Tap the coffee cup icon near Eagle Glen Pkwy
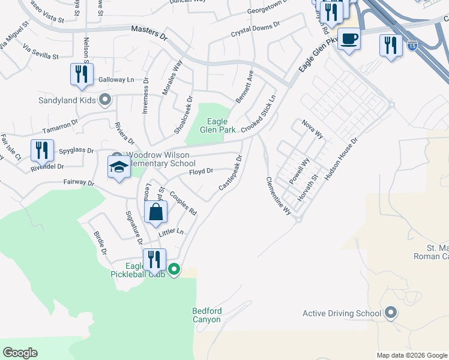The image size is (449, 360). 349,40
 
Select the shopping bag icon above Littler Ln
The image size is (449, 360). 156,212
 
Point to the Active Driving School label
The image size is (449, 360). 342,313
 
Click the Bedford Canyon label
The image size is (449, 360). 207,315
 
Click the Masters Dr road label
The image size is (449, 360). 149,32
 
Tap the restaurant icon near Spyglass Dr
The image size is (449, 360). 42,150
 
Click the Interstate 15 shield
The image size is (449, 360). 412,45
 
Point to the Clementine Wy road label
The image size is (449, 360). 279,196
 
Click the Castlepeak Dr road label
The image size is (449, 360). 231,173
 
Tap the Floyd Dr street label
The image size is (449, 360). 201,172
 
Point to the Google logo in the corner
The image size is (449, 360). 20,352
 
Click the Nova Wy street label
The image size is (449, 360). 313,128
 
